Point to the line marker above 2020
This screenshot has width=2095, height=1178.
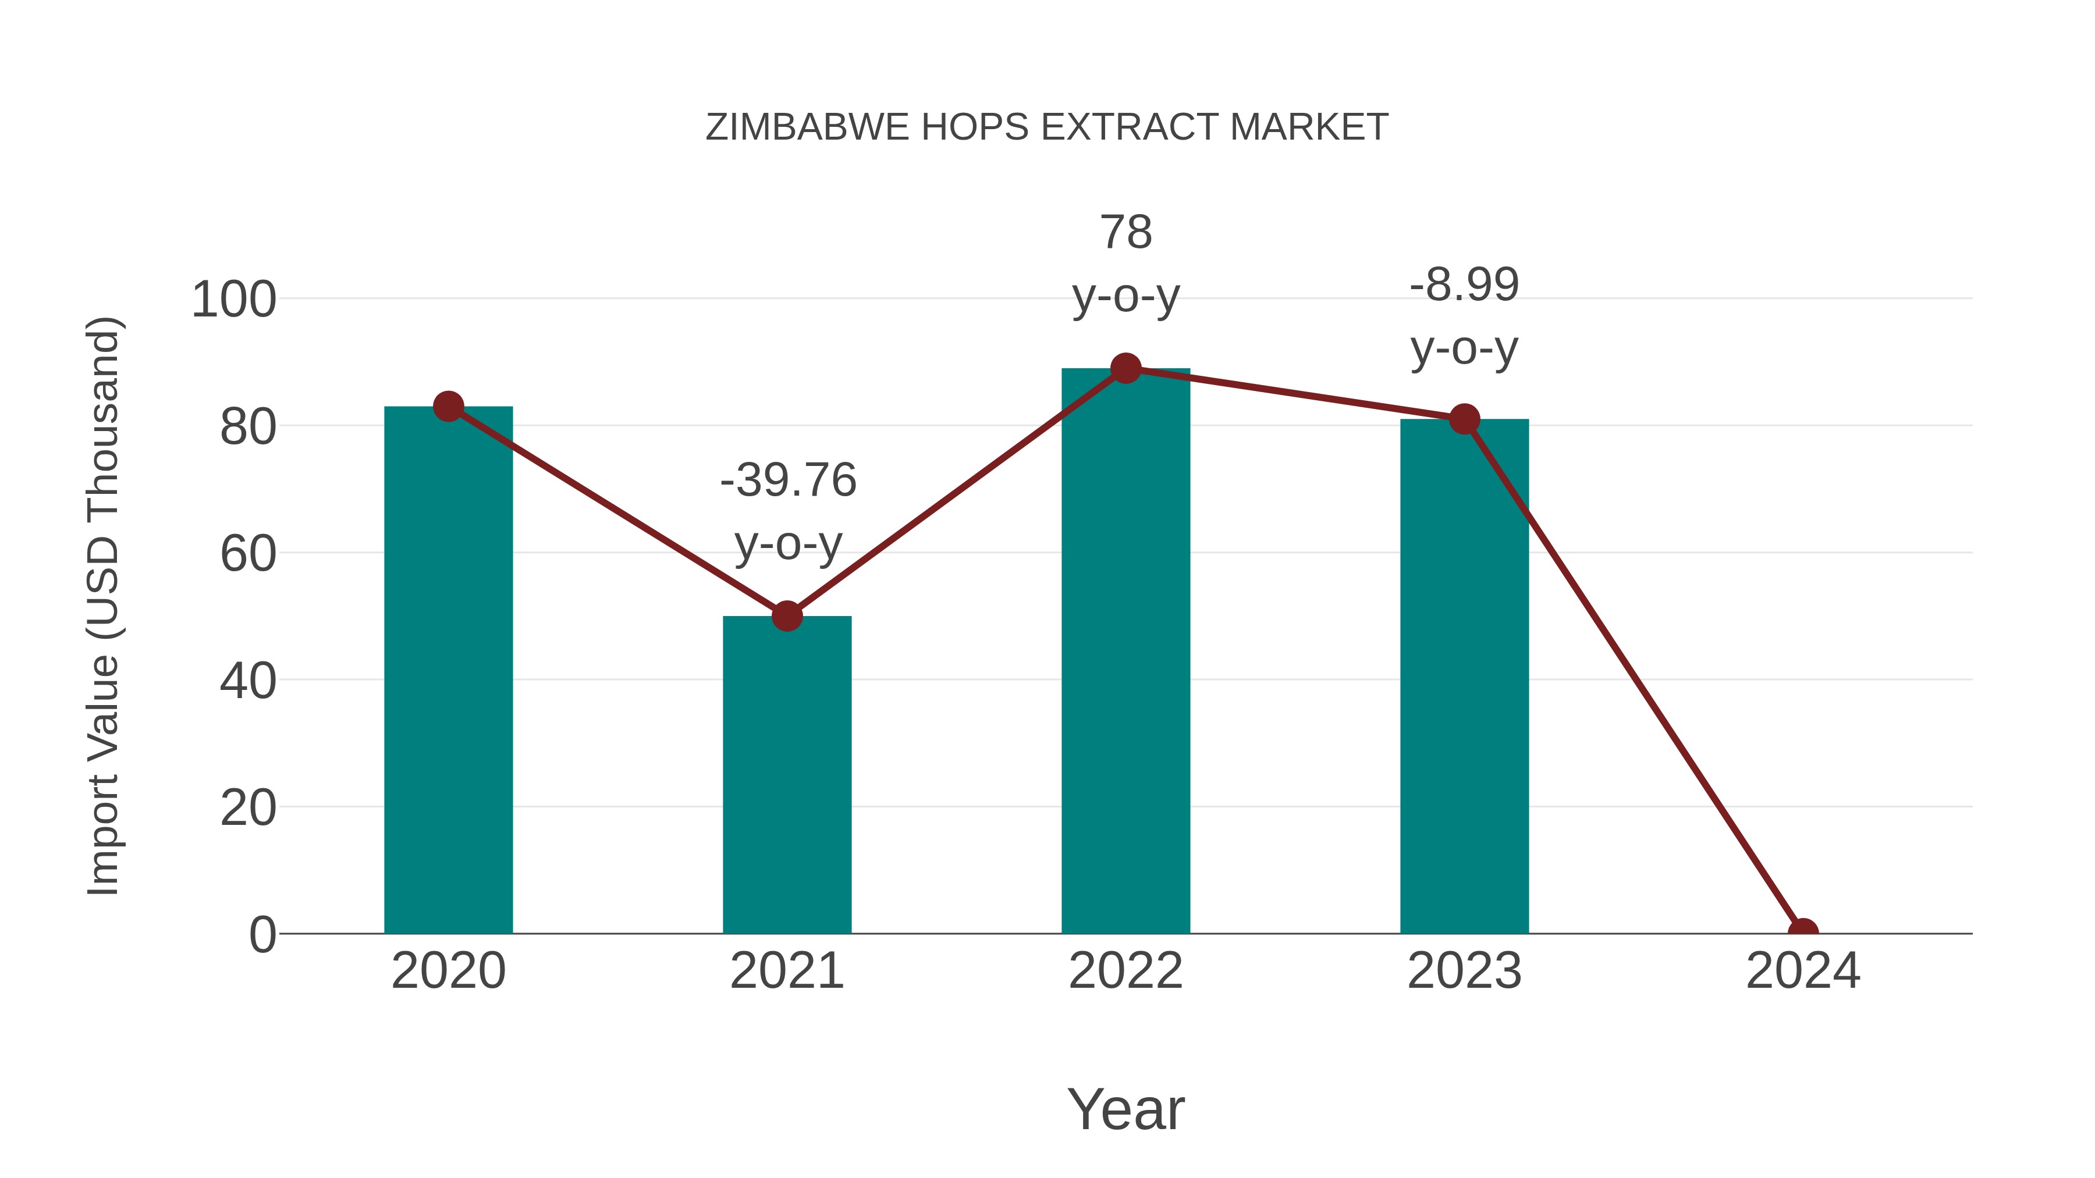tap(448, 407)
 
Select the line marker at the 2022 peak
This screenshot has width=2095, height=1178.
tap(1125, 368)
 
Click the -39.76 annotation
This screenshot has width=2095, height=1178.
tap(788, 480)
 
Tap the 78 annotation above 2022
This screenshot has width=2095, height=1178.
tap(1125, 233)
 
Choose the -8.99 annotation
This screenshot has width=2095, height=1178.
tap(1464, 286)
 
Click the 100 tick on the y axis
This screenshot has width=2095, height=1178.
tap(233, 300)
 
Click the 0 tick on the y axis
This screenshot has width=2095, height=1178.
tap(262, 935)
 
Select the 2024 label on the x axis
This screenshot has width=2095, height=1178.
tap(1803, 971)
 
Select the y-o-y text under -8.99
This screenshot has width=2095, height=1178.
tap(1464, 350)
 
